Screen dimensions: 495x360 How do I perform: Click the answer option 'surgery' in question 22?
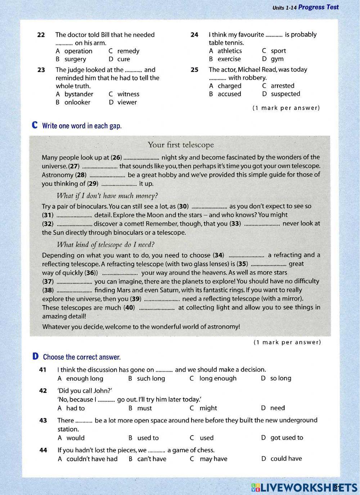point(75,59)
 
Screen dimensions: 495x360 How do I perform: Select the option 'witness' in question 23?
point(128,94)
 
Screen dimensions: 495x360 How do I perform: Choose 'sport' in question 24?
point(278,51)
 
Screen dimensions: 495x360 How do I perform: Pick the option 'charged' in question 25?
point(229,86)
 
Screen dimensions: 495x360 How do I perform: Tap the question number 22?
point(41,35)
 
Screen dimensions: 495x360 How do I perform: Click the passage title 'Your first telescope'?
point(180,145)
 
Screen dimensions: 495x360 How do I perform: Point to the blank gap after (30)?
point(209,207)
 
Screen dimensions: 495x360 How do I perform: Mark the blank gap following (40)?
point(157,308)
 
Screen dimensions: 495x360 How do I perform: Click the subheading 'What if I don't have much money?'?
point(107,196)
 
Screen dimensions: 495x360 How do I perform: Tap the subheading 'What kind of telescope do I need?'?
point(105,245)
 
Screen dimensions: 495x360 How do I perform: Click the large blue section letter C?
point(35,125)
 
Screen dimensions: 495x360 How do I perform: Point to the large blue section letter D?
point(35,357)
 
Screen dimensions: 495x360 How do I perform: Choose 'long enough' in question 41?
point(218,378)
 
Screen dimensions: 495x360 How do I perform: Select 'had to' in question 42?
point(75,408)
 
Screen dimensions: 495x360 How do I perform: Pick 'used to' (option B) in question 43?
point(148,438)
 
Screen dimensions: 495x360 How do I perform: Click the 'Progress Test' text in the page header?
point(318,7)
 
